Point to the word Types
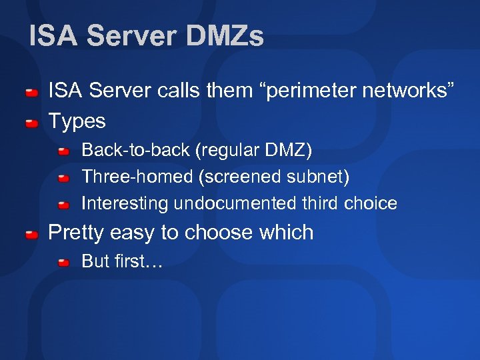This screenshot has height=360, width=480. tap(77, 121)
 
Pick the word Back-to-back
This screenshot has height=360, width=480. tap(135, 150)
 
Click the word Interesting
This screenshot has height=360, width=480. tap(125, 203)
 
